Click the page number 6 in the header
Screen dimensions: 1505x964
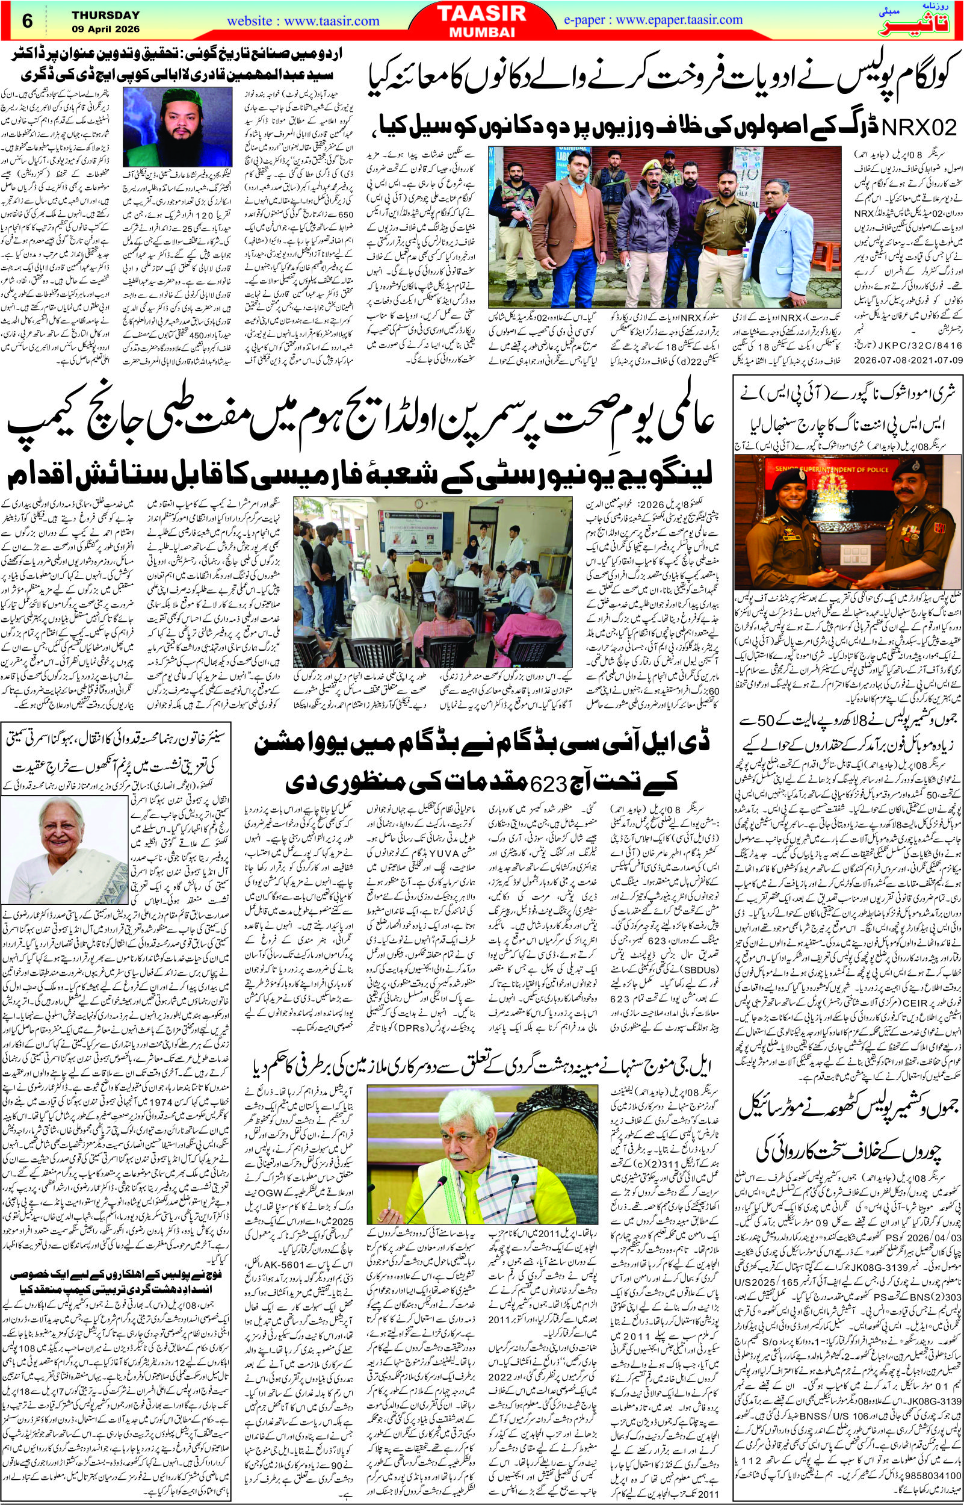click(26, 19)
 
